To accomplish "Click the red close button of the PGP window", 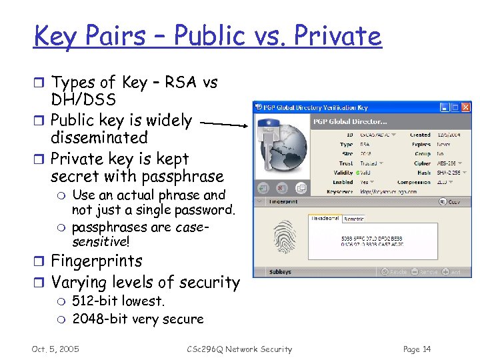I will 465,107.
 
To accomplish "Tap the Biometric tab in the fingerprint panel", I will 353,219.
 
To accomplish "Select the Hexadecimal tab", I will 325,218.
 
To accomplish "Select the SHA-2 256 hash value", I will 449,173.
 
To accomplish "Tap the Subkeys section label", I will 279,272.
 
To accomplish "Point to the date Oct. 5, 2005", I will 55,349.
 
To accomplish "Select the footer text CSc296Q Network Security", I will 239,349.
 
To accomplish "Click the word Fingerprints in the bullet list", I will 97,261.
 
